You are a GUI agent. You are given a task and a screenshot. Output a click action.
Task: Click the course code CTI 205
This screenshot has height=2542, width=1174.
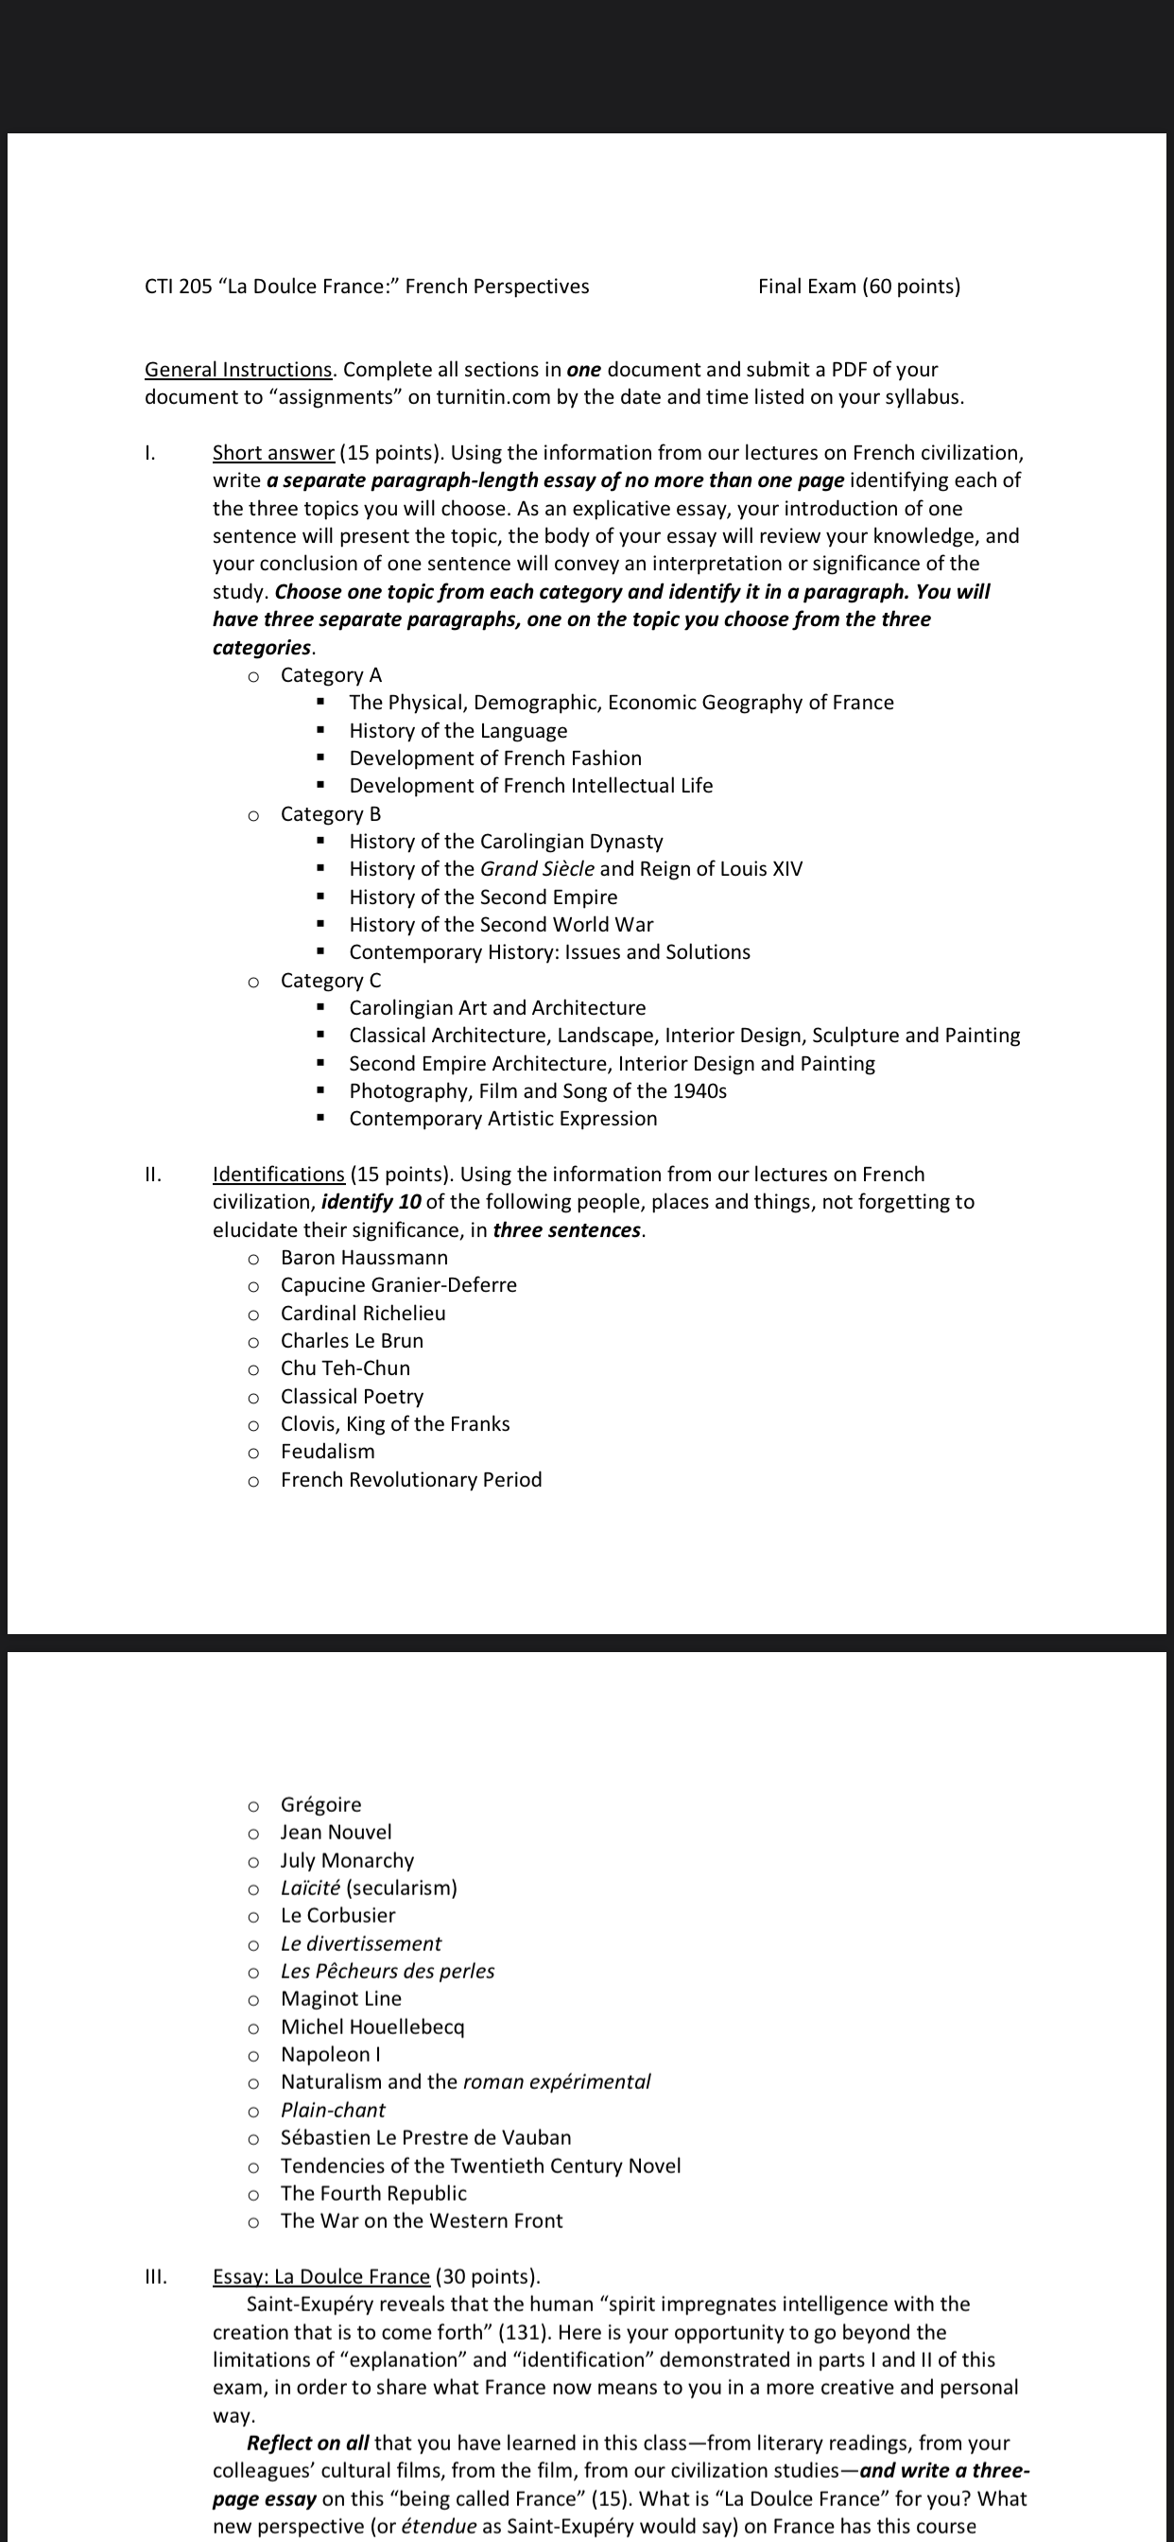(x=178, y=287)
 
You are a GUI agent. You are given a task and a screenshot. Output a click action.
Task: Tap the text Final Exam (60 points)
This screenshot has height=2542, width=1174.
(x=858, y=287)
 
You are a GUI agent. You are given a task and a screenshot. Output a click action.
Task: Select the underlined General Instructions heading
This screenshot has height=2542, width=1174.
(x=238, y=369)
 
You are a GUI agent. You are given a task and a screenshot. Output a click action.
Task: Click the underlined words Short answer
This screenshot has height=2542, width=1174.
(x=273, y=453)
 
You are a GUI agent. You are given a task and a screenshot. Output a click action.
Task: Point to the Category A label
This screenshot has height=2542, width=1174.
(x=331, y=675)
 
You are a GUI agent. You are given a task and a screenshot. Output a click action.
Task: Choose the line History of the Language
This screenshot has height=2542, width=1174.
(x=458, y=730)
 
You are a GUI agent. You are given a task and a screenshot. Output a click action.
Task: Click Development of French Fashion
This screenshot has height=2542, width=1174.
(x=495, y=757)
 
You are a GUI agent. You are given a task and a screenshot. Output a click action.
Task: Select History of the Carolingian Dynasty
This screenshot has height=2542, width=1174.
(x=506, y=841)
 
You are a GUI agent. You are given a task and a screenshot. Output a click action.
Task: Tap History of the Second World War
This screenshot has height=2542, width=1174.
(x=501, y=925)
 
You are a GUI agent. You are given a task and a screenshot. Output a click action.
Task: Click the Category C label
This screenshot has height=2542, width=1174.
(x=331, y=980)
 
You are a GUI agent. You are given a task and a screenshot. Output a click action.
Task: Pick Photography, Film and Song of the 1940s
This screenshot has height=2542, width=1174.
(x=538, y=1090)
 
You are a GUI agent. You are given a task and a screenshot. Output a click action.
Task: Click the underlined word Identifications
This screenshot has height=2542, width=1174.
(x=278, y=1175)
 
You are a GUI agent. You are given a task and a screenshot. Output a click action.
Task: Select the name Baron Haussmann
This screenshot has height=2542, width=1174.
(x=364, y=1257)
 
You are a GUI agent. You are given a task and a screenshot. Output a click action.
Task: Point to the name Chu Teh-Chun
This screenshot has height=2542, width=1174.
(x=345, y=1367)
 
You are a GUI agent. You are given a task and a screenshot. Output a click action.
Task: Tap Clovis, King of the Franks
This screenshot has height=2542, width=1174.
(x=394, y=1424)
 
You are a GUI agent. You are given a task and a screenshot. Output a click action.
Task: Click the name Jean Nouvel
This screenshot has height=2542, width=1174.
(x=336, y=1832)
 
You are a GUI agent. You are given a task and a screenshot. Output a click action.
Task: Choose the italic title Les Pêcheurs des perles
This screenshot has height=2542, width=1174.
(x=388, y=1971)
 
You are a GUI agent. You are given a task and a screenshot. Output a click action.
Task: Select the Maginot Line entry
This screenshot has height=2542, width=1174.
(x=341, y=1998)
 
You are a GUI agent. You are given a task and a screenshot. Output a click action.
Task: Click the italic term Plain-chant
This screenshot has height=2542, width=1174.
(x=333, y=2110)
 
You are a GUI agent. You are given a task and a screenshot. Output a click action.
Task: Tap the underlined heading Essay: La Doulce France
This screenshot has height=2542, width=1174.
(x=321, y=2276)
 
